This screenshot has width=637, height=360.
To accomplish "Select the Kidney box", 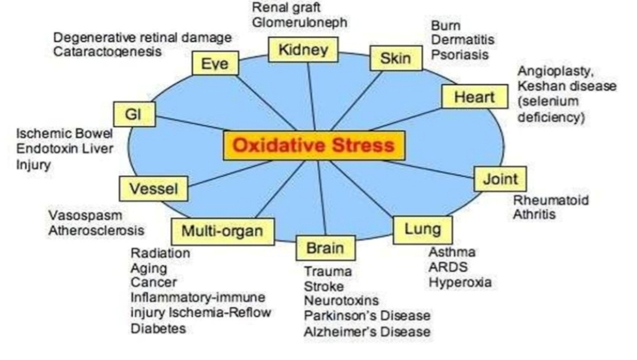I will pyautogui.click(x=302, y=50).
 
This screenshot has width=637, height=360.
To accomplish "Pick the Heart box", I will pyautogui.click(x=474, y=97).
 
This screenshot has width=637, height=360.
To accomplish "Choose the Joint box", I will pyautogui.click(x=499, y=178).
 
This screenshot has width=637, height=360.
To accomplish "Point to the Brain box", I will pyautogui.click(x=325, y=248).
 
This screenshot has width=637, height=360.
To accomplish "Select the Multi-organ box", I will pyautogui.click(x=222, y=230).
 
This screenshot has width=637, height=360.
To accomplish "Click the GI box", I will pyautogui.click(x=134, y=115).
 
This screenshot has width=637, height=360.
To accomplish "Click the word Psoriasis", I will pyautogui.click(x=459, y=55).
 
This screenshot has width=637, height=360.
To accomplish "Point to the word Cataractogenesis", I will pyautogui.click(x=107, y=52).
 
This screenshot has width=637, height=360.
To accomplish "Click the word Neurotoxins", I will pyautogui.click(x=340, y=301).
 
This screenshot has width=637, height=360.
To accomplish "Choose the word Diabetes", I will pyautogui.click(x=158, y=329).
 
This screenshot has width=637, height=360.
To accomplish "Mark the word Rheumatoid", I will pyautogui.click(x=551, y=200).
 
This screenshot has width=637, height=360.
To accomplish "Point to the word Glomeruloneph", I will pyautogui.click(x=299, y=23).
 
